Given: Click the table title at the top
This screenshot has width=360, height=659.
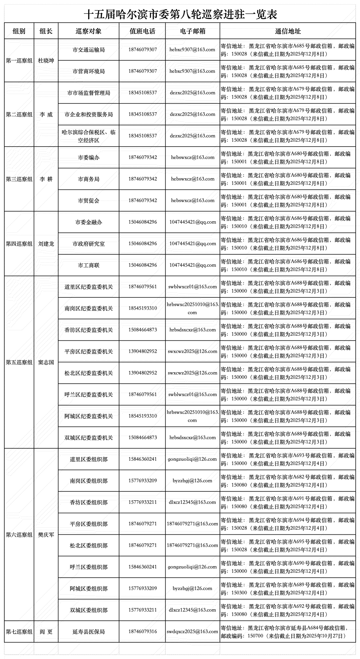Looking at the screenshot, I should [180, 14].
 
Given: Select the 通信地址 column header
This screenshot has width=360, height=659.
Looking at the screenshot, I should [288, 31].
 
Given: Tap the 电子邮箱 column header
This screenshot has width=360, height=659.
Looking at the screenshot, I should [192, 31].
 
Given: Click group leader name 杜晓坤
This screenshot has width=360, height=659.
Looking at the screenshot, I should [46, 61].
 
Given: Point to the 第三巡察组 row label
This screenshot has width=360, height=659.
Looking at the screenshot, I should [19, 179].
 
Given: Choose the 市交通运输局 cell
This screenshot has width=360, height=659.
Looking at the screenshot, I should [89, 50].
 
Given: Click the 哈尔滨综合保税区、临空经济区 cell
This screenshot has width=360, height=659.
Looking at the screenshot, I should [89, 136].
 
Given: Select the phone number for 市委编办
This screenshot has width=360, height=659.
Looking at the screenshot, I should [143, 157].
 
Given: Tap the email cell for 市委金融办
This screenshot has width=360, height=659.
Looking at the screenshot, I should [192, 222].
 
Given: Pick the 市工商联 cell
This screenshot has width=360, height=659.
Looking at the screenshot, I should [89, 265].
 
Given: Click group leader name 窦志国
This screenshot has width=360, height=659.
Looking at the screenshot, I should [46, 362].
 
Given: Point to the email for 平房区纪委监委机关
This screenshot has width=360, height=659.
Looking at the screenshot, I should [192, 351].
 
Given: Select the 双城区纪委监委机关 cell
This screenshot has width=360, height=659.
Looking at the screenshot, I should [89, 438].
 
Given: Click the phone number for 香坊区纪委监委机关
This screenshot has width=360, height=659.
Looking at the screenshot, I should [143, 330].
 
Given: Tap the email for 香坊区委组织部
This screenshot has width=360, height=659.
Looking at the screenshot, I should [192, 502].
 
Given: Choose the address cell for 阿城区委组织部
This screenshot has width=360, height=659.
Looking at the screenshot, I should [288, 589].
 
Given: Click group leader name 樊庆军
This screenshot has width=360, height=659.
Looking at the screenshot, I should [46, 535].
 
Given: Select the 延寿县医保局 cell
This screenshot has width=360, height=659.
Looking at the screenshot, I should [89, 632].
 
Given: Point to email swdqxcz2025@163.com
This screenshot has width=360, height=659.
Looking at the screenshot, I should [192, 632].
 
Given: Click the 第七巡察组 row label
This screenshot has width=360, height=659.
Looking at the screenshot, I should [19, 632].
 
